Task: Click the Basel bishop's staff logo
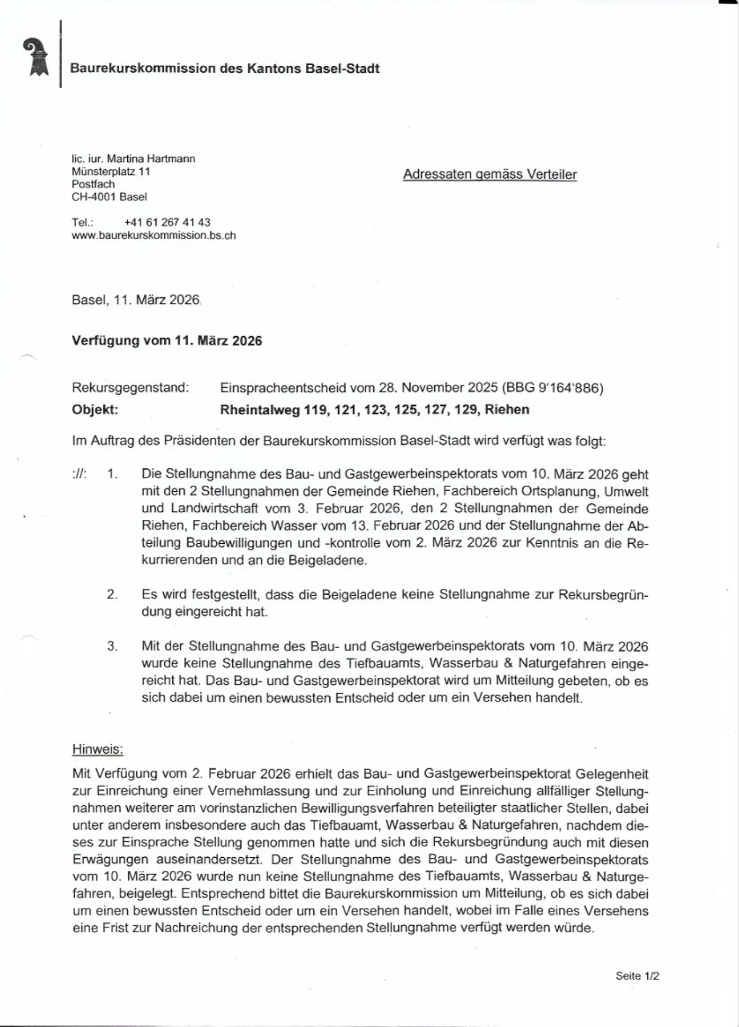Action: (x=36, y=57)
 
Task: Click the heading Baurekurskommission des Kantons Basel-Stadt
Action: (x=225, y=68)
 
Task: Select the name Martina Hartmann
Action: (x=151, y=159)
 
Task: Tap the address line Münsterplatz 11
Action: (x=111, y=171)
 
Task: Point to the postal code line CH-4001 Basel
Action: (x=109, y=197)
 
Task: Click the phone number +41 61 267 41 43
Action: (x=167, y=222)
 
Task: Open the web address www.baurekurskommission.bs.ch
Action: (x=154, y=235)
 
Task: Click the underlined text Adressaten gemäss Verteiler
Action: (x=489, y=175)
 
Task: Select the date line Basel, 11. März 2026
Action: (x=136, y=300)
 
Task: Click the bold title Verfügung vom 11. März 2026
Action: (x=166, y=341)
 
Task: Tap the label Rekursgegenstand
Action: (x=130, y=388)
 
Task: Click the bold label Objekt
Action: (x=95, y=410)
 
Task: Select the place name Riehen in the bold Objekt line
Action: (x=507, y=410)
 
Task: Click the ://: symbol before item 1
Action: (x=79, y=474)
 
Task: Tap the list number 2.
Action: (x=112, y=594)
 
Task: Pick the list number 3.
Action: (x=112, y=646)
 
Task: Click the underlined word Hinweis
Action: (x=98, y=749)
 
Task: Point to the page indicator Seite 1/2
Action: (x=637, y=976)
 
